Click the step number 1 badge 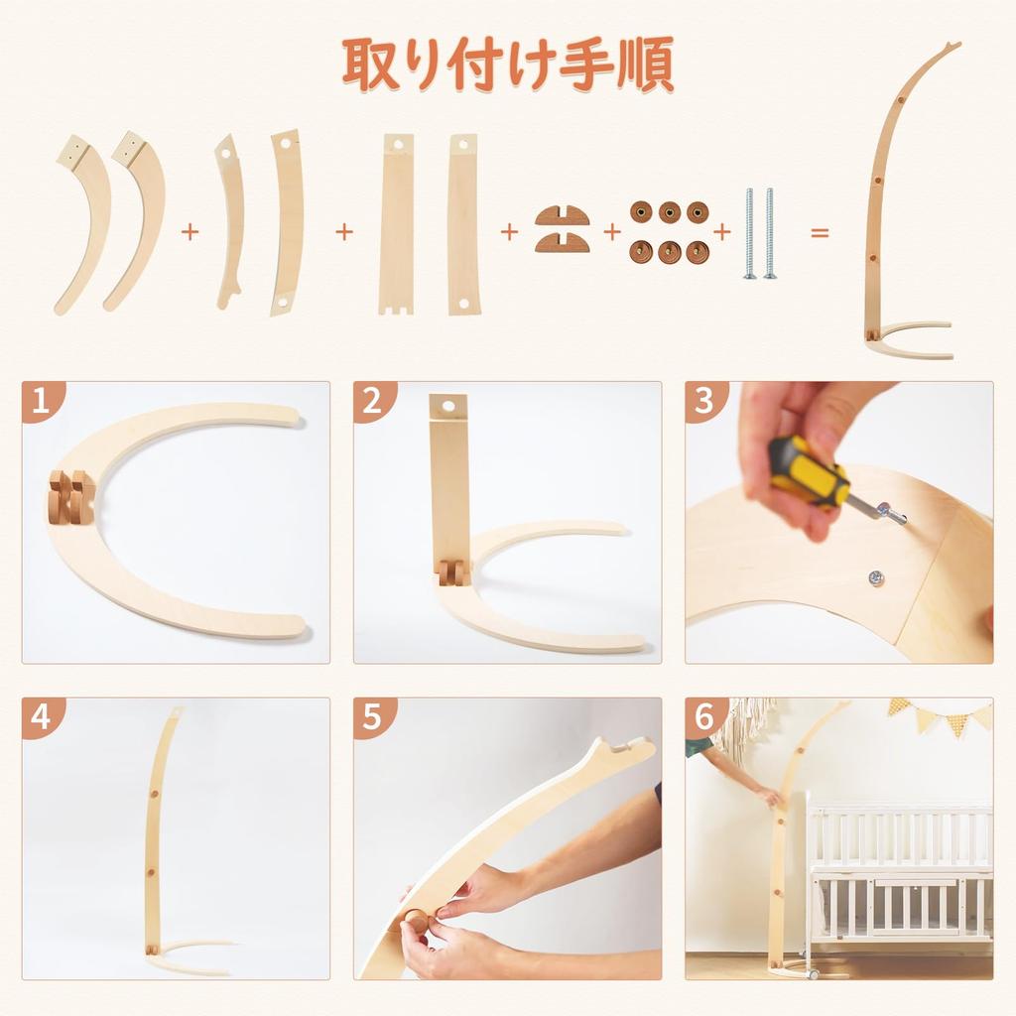click(40, 401)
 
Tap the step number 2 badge click(372, 401)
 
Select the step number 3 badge click(703, 401)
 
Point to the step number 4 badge click(40, 716)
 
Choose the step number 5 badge click(372, 716)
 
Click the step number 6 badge click(703, 716)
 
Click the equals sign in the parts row click(821, 232)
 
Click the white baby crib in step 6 click(898, 873)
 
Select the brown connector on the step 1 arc click(69, 496)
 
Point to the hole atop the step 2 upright click(446, 406)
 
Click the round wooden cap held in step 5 click(418, 921)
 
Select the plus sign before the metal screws click(722, 232)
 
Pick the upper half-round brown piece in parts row click(563, 215)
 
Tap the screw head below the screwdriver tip click(876, 576)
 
